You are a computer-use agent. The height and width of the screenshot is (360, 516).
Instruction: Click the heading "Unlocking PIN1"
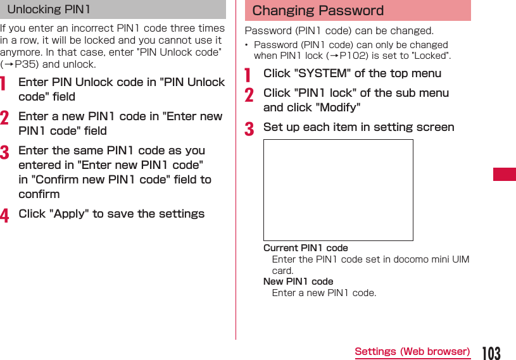(49, 9)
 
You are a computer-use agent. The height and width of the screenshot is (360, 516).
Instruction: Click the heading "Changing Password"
(318, 11)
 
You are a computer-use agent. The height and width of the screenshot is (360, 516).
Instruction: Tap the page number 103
(491, 352)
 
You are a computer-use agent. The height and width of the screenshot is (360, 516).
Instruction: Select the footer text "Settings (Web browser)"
(412, 352)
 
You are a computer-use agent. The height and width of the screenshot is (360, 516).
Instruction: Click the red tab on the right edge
(505, 174)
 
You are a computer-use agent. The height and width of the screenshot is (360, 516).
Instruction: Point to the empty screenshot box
(338, 190)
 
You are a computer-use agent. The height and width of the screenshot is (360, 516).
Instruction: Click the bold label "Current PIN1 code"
(306, 248)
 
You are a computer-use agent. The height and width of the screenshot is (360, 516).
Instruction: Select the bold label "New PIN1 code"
(298, 282)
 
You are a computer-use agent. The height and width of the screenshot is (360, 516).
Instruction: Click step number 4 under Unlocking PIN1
(4, 215)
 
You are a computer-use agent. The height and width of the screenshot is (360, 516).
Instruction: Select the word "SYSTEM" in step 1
(322, 73)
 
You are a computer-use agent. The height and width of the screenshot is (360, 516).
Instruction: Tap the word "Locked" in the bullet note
(431, 56)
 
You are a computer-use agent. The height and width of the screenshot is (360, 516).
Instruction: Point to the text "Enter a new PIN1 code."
(324, 293)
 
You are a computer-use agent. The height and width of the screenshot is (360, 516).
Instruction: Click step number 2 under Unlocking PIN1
(4, 118)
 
